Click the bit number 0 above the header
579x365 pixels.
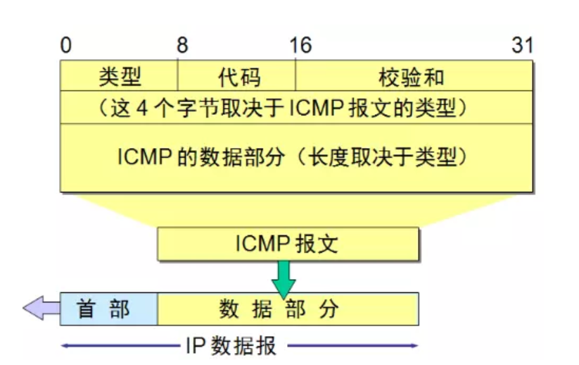66,47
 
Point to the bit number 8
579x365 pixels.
182,47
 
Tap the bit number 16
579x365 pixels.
300,47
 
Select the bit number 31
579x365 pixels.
522,47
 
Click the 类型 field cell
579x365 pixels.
120,76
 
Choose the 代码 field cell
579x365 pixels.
236,76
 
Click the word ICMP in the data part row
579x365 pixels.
144,156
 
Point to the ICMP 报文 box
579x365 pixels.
288,244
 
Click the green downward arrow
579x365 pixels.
284,279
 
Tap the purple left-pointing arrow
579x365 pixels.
41,309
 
